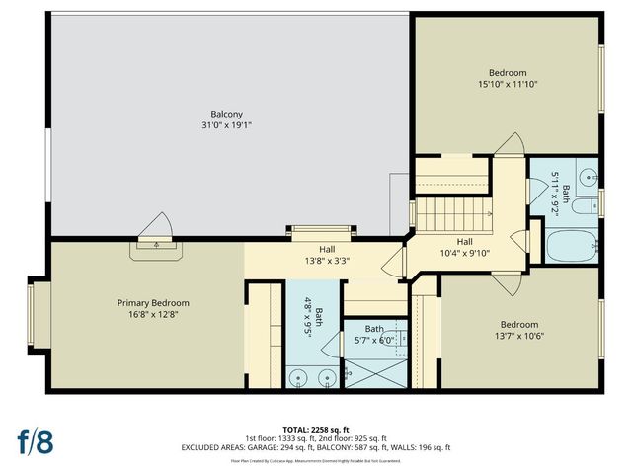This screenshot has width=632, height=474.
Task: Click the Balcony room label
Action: (x=226, y=114)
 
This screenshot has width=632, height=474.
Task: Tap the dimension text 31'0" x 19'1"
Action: (x=226, y=125)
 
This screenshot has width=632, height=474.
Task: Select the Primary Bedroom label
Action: (x=153, y=303)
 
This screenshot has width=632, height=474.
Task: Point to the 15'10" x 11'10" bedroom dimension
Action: (x=508, y=85)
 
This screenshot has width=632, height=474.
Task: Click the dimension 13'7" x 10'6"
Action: (x=518, y=337)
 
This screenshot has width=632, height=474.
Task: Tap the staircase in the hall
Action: (x=453, y=212)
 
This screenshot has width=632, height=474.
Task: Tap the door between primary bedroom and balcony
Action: (x=155, y=232)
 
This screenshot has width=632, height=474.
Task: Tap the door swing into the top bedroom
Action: (x=510, y=145)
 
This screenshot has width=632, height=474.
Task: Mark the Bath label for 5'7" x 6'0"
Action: (x=374, y=329)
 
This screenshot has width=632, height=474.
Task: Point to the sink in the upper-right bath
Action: (x=587, y=178)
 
